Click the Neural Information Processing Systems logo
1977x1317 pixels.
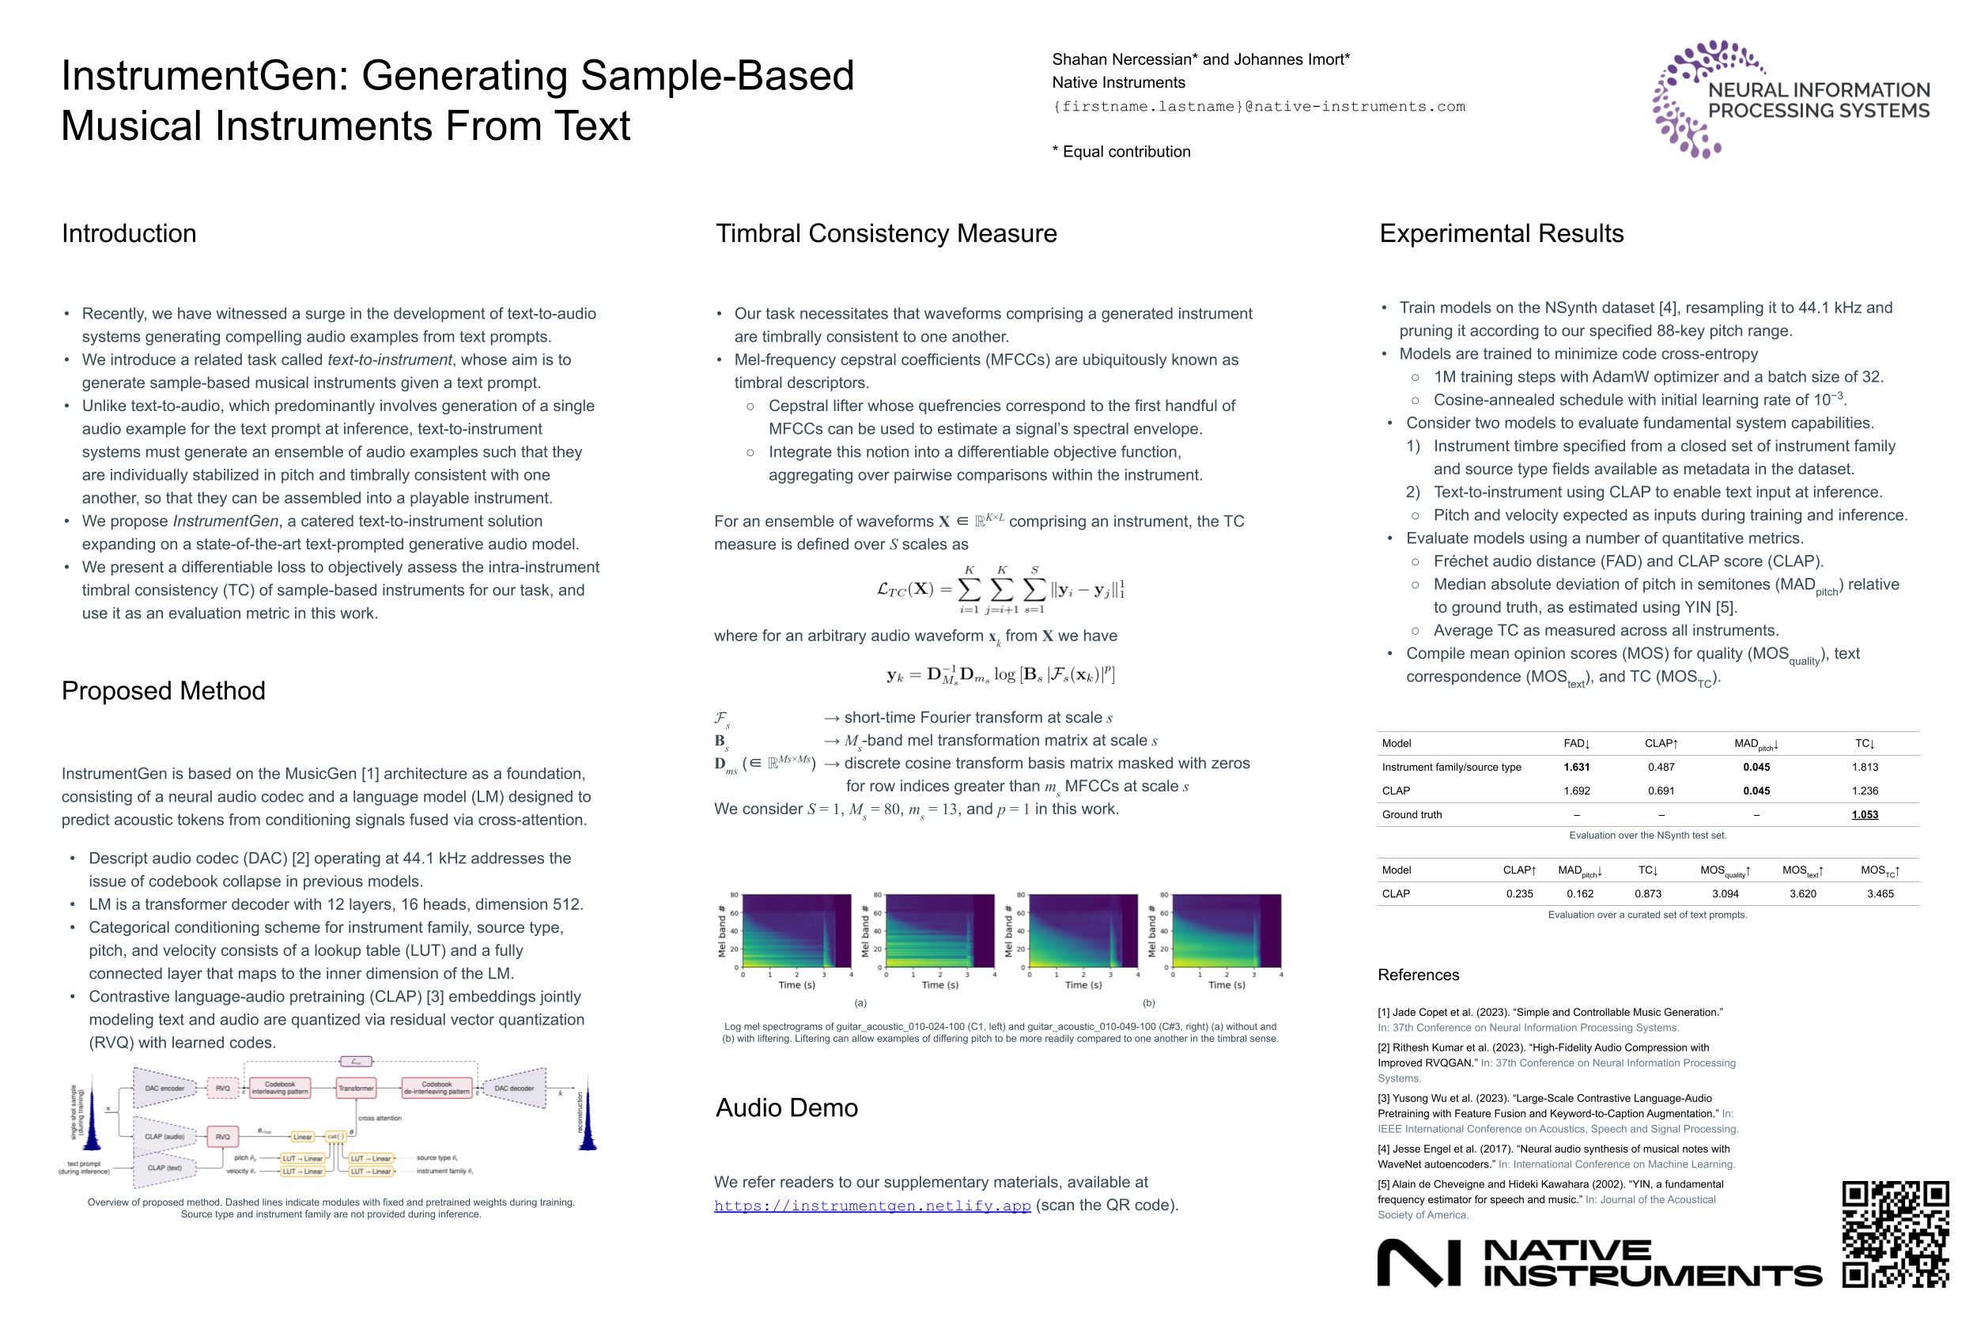[1790, 99]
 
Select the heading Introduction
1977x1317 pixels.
[129, 233]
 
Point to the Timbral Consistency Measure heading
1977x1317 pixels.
[886, 233]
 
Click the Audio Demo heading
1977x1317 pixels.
[786, 1108]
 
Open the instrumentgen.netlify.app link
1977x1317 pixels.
[871, 1206]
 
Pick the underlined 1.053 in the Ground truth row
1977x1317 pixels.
[1864, 815]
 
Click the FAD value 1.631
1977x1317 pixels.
[1575, 767]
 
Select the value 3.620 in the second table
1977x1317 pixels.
[1802, 893]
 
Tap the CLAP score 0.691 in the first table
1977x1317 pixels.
[1660, 791]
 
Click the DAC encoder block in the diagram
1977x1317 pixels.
[164, 1089]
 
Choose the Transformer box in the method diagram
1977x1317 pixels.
[355, 1089]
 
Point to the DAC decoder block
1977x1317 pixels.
[513, 1089]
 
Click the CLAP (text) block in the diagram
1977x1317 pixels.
[164, 1168]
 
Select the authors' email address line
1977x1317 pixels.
[1258, 107]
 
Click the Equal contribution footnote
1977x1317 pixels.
[1121, 152]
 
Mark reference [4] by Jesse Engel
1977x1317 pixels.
[1555, 1157]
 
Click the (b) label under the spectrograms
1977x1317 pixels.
[1147, 1003]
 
